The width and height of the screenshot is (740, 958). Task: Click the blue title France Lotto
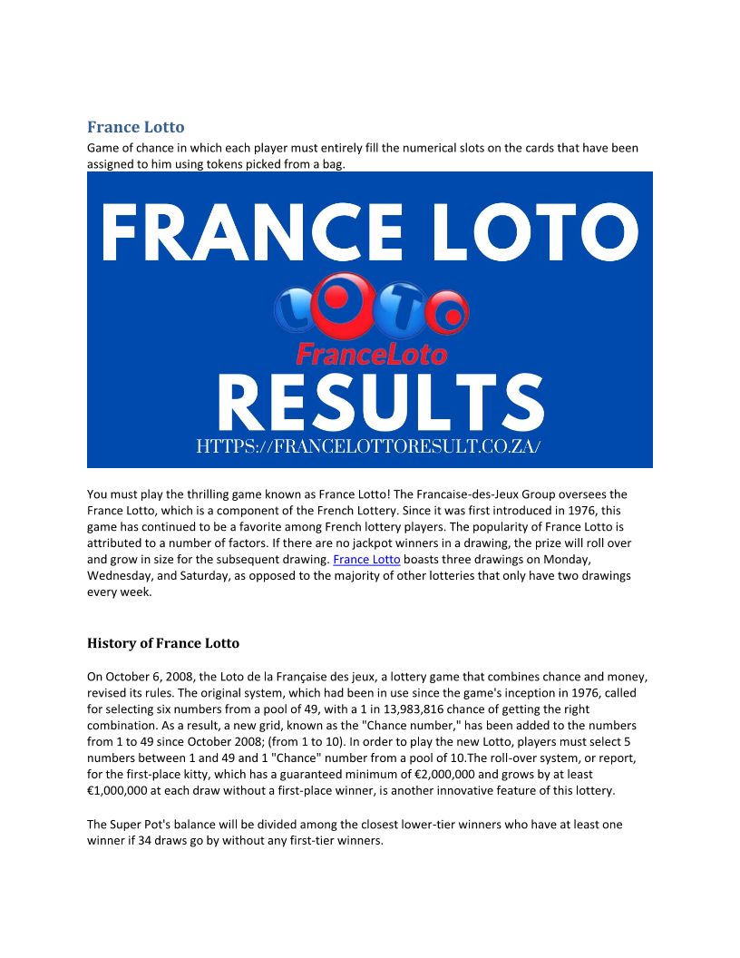(x=135, y=127)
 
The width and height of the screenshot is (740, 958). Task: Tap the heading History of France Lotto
(x=163, y=643)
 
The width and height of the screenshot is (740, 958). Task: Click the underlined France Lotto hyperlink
(x=366, y=560)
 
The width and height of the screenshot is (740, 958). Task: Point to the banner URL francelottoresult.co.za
(x=369, y=447)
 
